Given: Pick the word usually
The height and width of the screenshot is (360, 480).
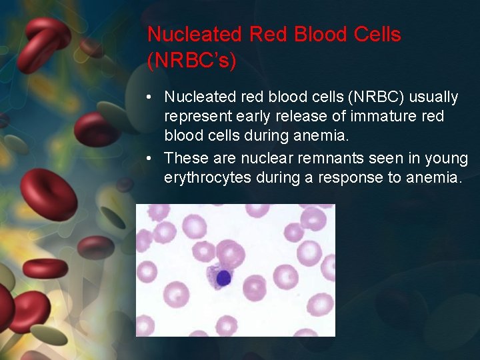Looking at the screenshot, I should (x=433, y=97).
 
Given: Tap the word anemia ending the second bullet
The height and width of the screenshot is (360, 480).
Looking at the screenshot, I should (x=433, y=179).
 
